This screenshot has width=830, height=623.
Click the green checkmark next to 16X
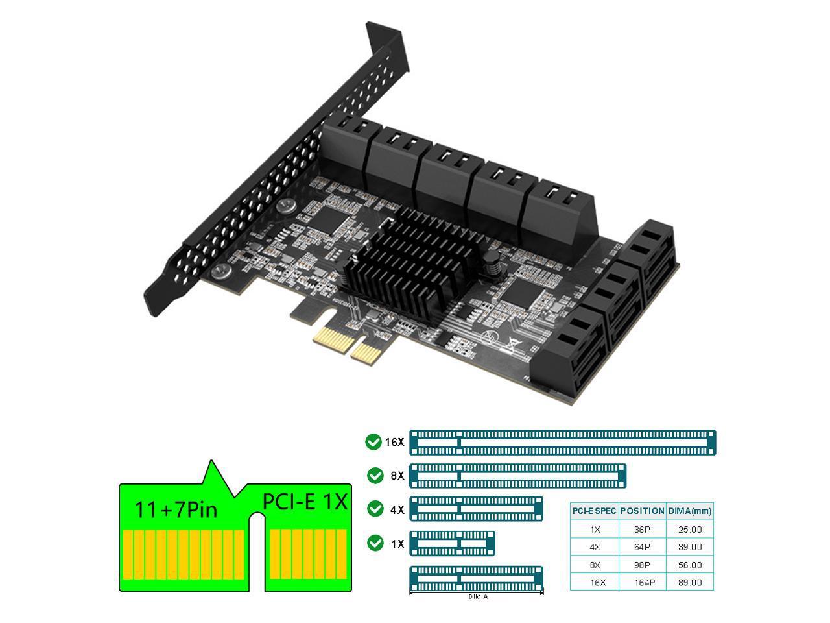point(373,442)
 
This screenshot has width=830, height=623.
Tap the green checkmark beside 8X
point(375,476)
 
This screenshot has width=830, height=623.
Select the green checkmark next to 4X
point(375,509)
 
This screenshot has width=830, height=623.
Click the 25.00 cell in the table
point(690,530)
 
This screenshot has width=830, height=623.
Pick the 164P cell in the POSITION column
point(645,583)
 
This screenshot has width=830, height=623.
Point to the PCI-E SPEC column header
point(595,511)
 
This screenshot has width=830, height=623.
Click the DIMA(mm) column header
point(690,511)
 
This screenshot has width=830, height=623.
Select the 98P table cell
point(642,565)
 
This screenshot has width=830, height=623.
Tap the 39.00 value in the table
point(690,547)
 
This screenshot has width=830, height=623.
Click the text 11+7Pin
point(176,509)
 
